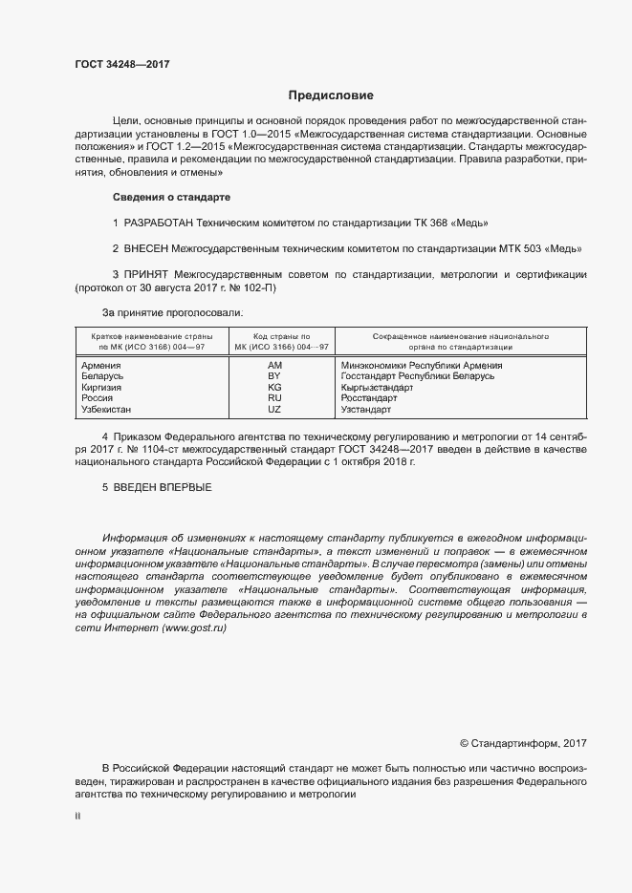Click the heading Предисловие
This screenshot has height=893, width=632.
tap(331, 96)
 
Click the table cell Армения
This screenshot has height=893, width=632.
tap(101, 366)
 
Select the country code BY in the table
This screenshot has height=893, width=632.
tap(274, 377)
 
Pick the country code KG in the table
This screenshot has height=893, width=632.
tap(274, 388)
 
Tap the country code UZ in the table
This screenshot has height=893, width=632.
tap(274, 409)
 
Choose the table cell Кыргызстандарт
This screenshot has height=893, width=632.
tap(377, 388)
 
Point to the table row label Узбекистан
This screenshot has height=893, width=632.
tap(109, 409)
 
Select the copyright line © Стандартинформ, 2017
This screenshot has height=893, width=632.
tap(523, 742)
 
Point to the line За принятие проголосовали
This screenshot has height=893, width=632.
tap(172, 312)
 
